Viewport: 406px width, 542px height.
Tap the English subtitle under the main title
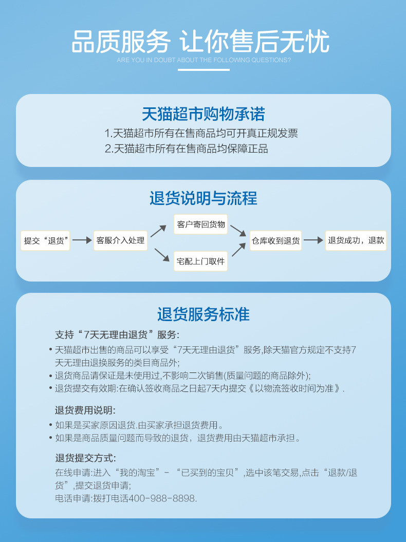click(x=204, y=60)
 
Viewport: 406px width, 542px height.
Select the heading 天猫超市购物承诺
click(x=203, y=114)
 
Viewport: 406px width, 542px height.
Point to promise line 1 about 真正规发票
click(x=201, y=134)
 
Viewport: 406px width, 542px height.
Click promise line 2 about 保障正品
click(x=186, y=149)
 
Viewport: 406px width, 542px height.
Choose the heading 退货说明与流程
click(x=203, y=198)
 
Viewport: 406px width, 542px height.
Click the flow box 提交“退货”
click(x=46, y=240)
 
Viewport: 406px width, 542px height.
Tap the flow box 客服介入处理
click(x=120, y=240)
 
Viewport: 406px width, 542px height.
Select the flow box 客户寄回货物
click(x=200, y=225)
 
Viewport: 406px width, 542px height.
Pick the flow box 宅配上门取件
click(x=200, y=261)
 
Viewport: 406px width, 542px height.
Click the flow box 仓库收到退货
click(x=275, y=240)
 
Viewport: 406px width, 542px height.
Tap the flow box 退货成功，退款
click(x=356, y=240)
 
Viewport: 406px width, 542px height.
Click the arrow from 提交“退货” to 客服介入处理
click(x=82, y=240)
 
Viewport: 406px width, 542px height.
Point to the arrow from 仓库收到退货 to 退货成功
click(x=313, y=240)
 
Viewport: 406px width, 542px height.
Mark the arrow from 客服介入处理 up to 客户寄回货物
click(x=158, y=231)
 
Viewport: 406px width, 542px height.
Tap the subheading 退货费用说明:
click(x=85, y=410)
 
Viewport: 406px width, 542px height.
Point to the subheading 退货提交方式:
click(x=85, y=458)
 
